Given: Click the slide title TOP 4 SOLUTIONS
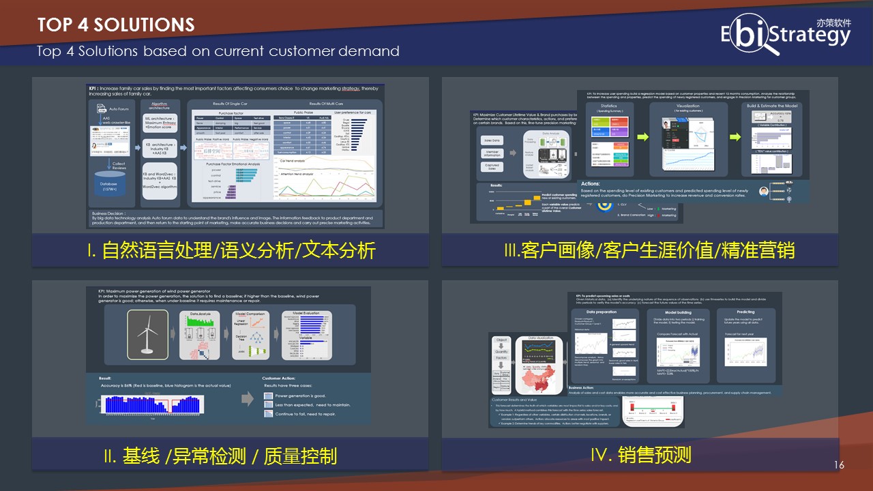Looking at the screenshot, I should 116,25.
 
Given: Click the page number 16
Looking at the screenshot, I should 839,465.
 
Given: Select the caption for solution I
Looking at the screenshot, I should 231,250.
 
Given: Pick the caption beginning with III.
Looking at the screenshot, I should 649,250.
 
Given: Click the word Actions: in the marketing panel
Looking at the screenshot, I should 591,183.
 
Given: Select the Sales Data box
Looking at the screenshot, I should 491,136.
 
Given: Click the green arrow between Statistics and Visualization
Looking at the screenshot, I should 642,137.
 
